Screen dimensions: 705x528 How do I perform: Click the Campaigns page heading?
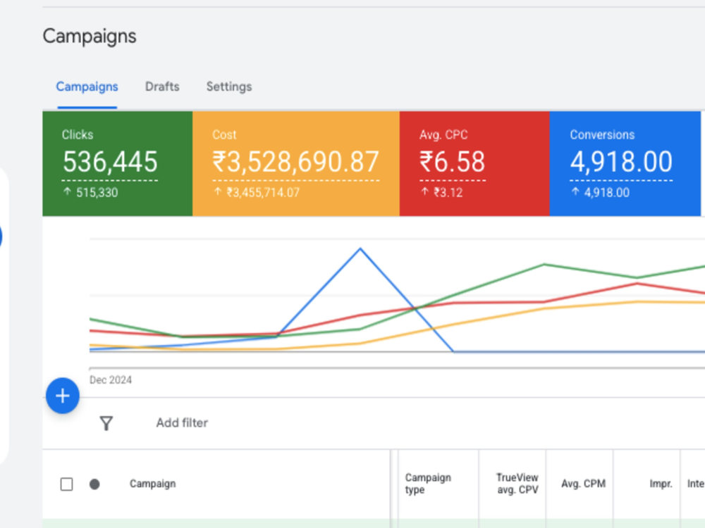coord(90,37)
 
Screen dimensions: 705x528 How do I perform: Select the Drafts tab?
coord(162,86)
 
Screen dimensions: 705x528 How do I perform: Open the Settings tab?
coord(229,86)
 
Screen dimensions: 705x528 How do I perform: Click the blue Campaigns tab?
coord(87,87)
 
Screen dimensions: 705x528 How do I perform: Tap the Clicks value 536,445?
coord(110,162)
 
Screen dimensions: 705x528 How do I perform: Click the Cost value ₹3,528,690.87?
coord(296,162)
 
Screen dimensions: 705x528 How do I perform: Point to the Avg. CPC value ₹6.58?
coord(453,162)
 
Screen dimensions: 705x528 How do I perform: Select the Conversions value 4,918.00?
coord(621,162)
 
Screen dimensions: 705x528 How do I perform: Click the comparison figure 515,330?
coord(97,193)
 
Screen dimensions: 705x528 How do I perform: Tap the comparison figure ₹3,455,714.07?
coord(263,193)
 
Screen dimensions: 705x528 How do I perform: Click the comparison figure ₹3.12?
coord(448,193)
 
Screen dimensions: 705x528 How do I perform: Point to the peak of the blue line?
coord(360,249)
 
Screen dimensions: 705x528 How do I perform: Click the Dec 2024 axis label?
coord(111,380)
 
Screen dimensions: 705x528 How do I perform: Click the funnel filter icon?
coord(106,423)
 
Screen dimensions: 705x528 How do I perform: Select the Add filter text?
coord(182,422)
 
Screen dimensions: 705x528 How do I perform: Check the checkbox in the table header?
coord(66,484)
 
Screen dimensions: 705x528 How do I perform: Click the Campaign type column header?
coord(428,484)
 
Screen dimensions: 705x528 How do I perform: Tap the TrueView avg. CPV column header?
coord(517,484)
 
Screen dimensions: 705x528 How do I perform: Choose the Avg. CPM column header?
coord(583,484)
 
